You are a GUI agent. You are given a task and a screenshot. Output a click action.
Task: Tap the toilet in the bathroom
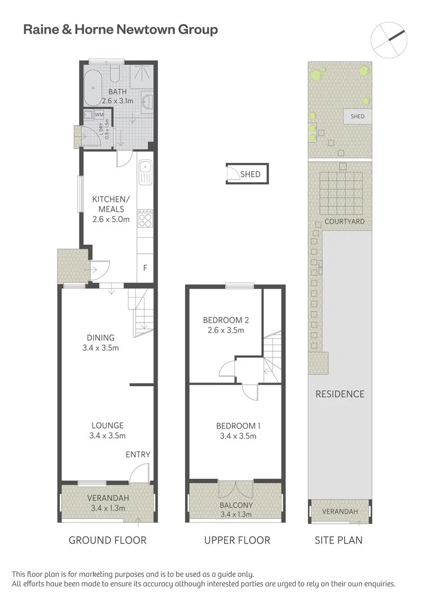coord(115,73)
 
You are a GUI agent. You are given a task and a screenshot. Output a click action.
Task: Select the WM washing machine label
coord(99,115)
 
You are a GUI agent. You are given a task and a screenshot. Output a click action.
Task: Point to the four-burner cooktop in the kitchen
coord(145,218)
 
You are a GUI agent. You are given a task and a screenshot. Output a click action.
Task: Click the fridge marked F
coord(145,268)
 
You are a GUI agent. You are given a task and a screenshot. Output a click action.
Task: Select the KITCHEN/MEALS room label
coord(111,209)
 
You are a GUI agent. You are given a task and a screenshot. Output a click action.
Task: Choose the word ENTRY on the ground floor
coord(138,454)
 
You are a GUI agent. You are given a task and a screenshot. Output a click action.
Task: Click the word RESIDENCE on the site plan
coord(340,394)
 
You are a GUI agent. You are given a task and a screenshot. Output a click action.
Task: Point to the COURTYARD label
coord(344,222)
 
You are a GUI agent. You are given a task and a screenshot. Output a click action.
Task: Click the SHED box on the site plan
coord(358,117)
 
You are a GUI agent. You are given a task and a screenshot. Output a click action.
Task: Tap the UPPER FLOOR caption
coord(237,540)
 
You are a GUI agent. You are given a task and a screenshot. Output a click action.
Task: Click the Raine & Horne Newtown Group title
coord(120,30)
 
